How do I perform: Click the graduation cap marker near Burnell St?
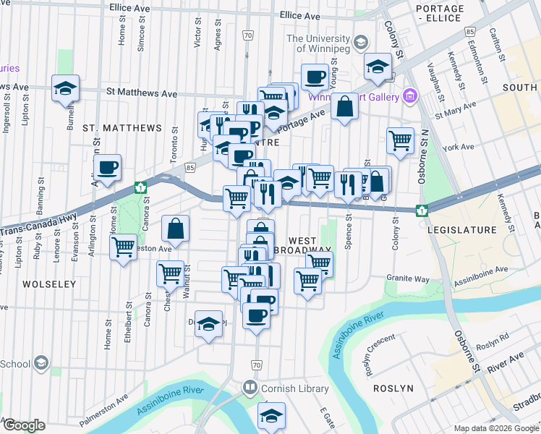pos(65,89)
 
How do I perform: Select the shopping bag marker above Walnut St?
pos(175,229)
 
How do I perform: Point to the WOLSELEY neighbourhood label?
pos(49,284)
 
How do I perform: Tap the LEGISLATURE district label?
pos(462,230)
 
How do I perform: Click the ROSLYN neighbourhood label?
pos(393,388)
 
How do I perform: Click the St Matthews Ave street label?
pos(142,93)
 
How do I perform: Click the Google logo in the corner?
pos(23,425)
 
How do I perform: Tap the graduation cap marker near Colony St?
pos(377,67)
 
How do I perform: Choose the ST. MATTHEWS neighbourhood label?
pos(122,128)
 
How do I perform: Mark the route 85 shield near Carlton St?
pos(470,32)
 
